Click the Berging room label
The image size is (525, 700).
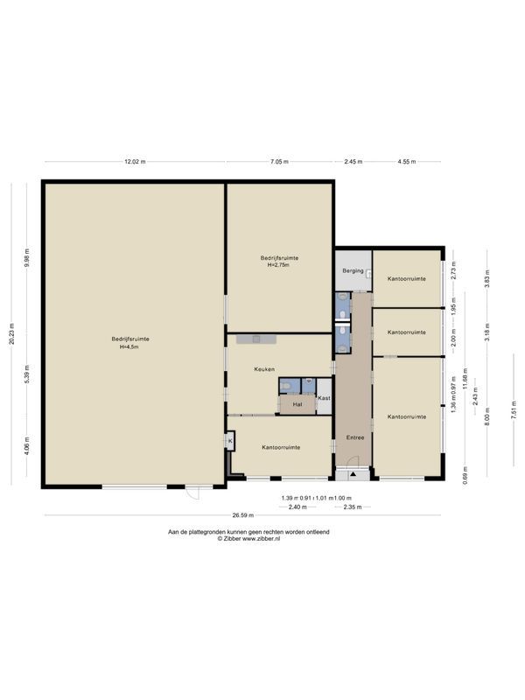[353, 271]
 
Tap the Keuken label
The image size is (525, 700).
[265, 369]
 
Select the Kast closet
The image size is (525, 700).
[324, 398]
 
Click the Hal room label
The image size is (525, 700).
[297, 404]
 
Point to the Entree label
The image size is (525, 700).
[354, 437]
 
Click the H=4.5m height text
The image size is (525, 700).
[129, 347]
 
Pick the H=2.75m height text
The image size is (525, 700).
[279, 264]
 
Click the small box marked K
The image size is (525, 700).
[230, 442]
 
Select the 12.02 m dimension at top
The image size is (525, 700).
[135, 162]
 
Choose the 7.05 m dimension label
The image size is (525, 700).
[279, 162]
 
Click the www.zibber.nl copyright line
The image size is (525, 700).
[248, 539]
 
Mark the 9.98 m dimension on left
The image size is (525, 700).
[27, 260]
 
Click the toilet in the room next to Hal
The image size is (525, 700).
[287, 384]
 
